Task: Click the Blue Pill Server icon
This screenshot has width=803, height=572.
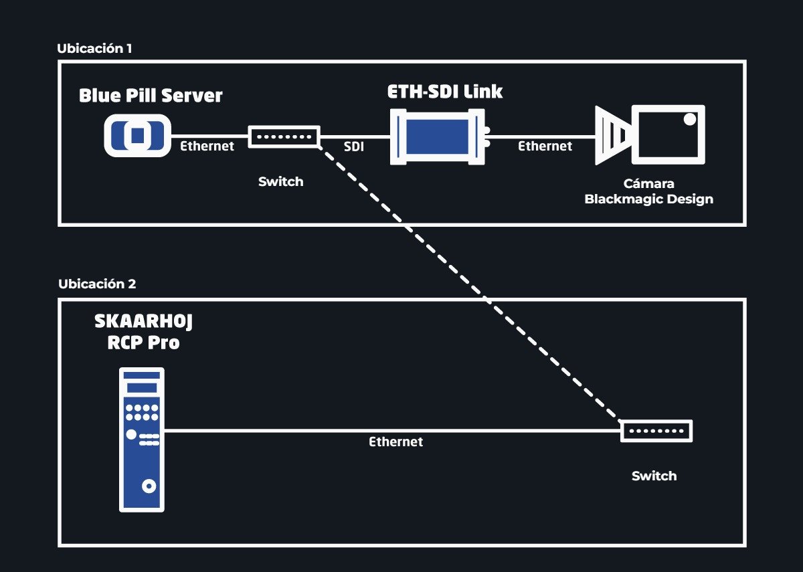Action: click(x=137, y=135)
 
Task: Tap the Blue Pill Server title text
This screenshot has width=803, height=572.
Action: click(x=151, y=96)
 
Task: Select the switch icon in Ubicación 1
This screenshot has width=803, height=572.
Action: click(x=284, y=136)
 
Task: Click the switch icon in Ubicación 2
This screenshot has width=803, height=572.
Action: click(x=656, y=431)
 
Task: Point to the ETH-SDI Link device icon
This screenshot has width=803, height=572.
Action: click(x=440, y=137)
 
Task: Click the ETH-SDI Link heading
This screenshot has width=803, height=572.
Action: click(x=445, y=92)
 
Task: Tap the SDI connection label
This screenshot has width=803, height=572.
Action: click(x=354, y=147)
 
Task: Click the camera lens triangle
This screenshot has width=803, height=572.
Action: click(x=614, y=135)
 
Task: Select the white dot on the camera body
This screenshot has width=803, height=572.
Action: click(x=690, y=119)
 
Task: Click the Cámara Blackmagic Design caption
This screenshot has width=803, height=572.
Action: click(x=649, y=191)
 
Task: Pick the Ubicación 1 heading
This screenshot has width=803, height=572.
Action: click(x=94, y=48)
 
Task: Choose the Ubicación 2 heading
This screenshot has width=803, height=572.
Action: click(x=97, y=284)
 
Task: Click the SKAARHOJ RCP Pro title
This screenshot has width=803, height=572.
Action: click(x=143, y=332)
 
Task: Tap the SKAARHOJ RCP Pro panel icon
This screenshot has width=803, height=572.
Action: click(x=142, y=440)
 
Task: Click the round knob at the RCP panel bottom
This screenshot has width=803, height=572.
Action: click(x=149, y=486)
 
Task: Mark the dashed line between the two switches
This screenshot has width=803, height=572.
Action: click(x=470, y=283)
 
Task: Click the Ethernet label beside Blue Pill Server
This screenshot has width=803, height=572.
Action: click(x=207, y=147)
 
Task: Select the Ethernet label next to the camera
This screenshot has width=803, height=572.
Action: click(x=545, y=147)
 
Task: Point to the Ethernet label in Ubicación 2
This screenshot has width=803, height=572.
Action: click(x=395, y=442)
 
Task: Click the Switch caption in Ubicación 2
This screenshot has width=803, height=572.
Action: click(x=654, y=476)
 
